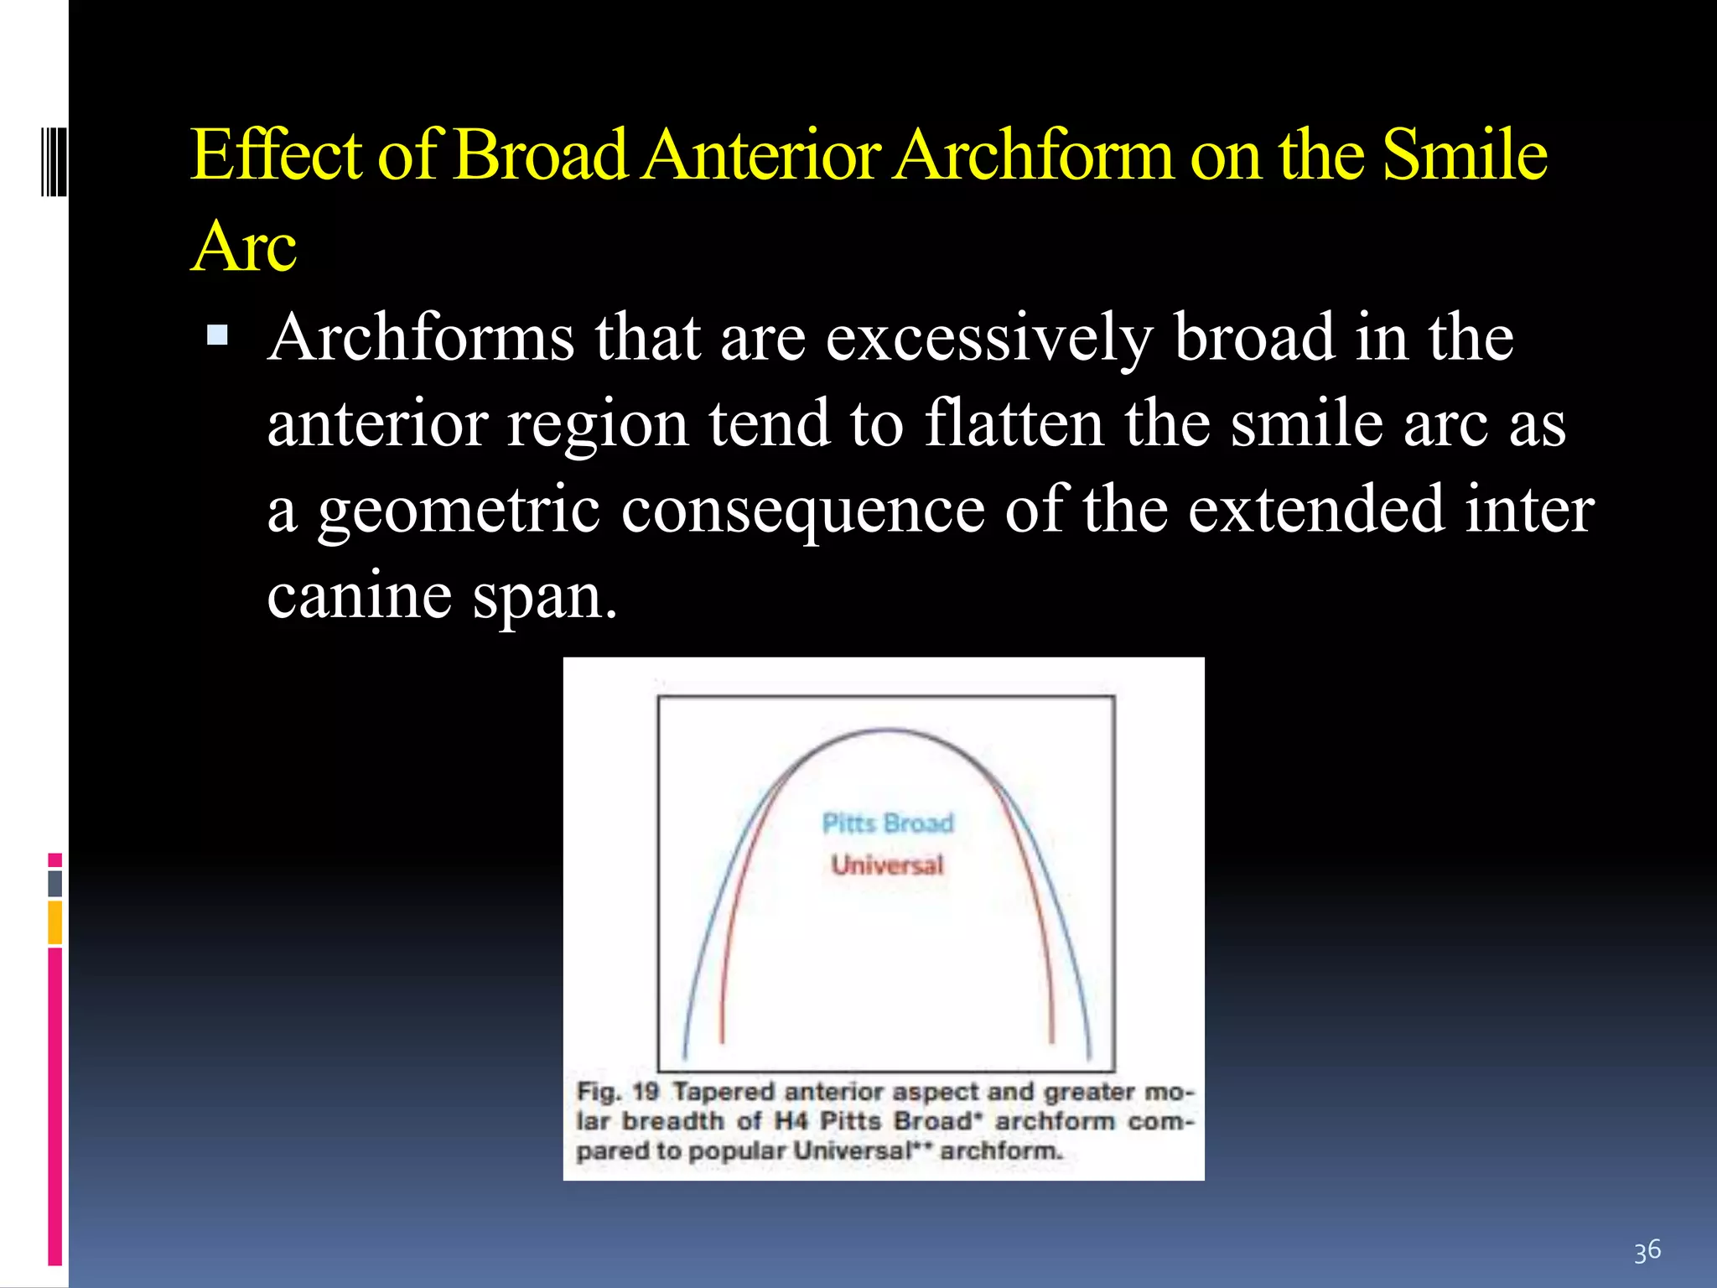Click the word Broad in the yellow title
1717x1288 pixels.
tap(540, 155)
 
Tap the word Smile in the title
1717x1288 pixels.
tap(1464, 155)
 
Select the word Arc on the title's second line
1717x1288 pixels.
tap(244, 247)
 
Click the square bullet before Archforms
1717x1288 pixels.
tap(217, 336)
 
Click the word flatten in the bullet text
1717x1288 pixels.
tap(1014, 423)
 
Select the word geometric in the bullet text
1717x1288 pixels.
tap(459, 510)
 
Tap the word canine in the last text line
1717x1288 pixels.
tap(360, 595)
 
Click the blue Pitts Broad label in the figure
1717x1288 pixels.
tap(887, 823)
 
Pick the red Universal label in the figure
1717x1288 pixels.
tap(887, 865)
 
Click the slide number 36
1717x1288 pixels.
tap(1647, 1250)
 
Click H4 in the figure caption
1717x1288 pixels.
tap(790, 1121)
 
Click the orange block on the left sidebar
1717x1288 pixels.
tap(55, 922)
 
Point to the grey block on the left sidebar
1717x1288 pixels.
tap(55, 884)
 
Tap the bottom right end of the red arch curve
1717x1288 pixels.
tap(1052, 1040)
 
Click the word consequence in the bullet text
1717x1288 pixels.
tap(802, 510)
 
